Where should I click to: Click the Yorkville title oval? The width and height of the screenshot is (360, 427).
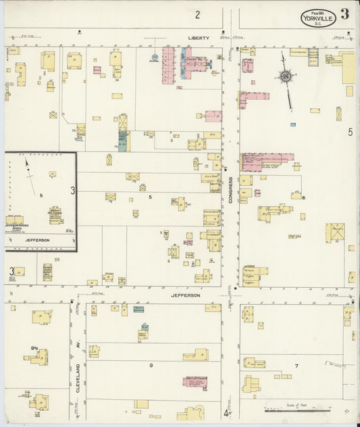318,17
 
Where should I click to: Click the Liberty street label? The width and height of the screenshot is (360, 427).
199,38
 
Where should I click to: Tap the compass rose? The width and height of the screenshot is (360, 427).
286,77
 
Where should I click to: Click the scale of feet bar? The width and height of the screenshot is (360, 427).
297,409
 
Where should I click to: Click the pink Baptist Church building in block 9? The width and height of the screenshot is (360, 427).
196,382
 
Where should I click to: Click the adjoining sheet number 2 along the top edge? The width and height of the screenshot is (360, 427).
198,15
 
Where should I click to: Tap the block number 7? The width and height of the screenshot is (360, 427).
296,366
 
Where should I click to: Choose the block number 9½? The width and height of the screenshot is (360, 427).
33,349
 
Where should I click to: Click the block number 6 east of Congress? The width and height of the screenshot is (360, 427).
304,197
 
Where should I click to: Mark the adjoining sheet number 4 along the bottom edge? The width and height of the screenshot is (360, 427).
226,413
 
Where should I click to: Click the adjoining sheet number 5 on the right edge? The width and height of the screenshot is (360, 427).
350,132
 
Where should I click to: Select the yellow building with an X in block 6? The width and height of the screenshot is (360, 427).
334,232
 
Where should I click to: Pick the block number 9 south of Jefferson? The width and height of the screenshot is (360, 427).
151,366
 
